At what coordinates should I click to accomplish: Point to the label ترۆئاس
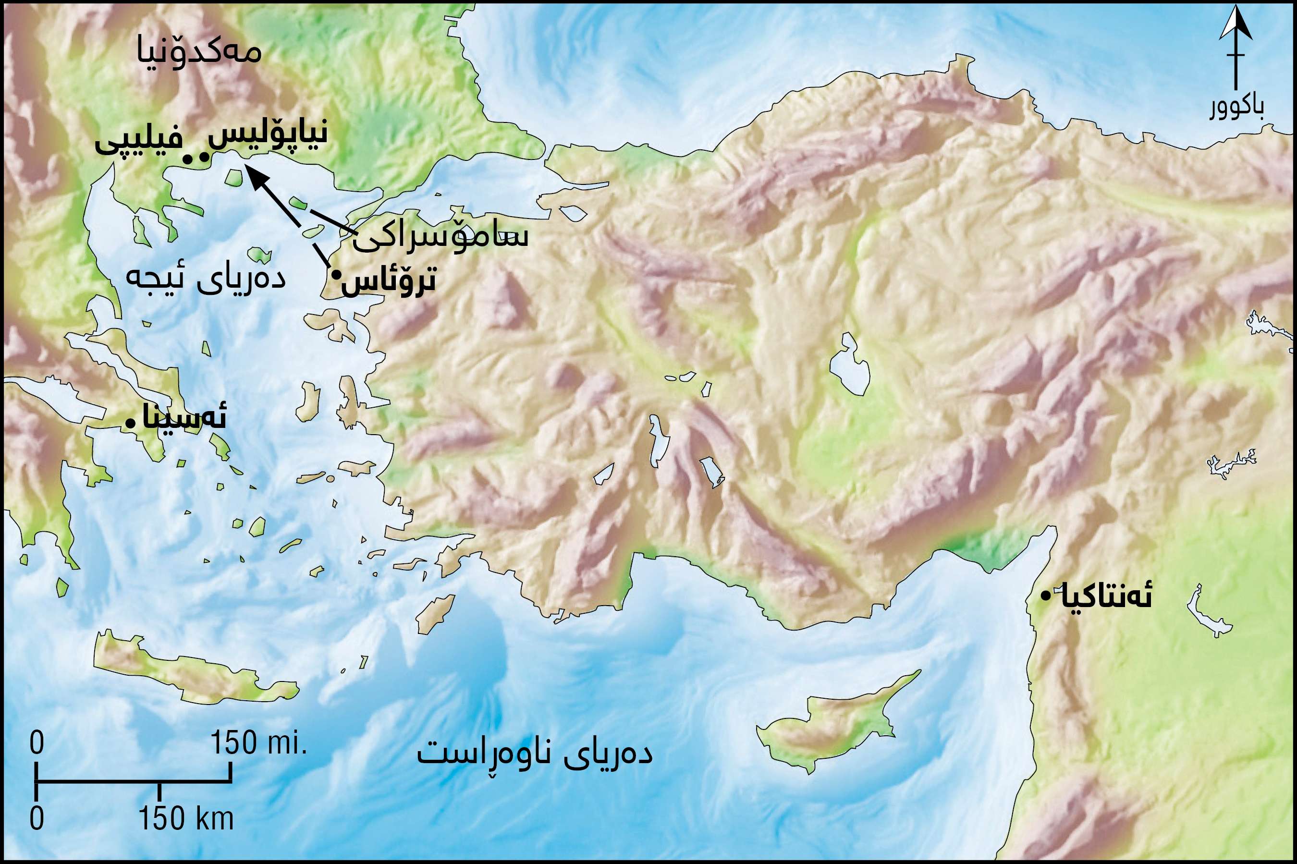pyautogui.click(x=389, y=281)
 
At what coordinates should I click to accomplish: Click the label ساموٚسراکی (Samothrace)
pyautogui.click(x=441, y=236)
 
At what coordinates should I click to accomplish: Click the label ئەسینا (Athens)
pyautogui.click(x=184, y=418)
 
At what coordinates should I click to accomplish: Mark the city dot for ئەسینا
pyautogui.click(x=130, y=423)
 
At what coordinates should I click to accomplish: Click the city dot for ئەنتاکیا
pyautogui.click(x=1045, y=596)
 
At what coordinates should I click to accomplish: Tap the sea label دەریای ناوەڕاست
pyautogui.click(x=535, y=754)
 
